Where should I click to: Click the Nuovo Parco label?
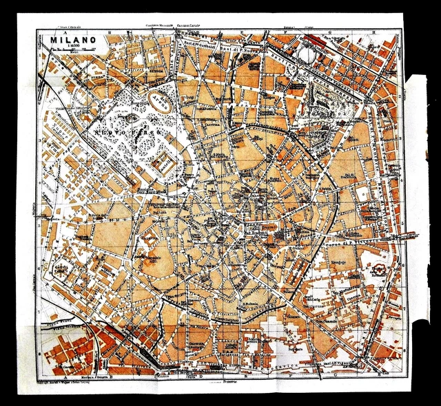pos(121,131)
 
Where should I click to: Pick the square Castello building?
pos(163,163)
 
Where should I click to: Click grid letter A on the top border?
pos(63,31)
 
